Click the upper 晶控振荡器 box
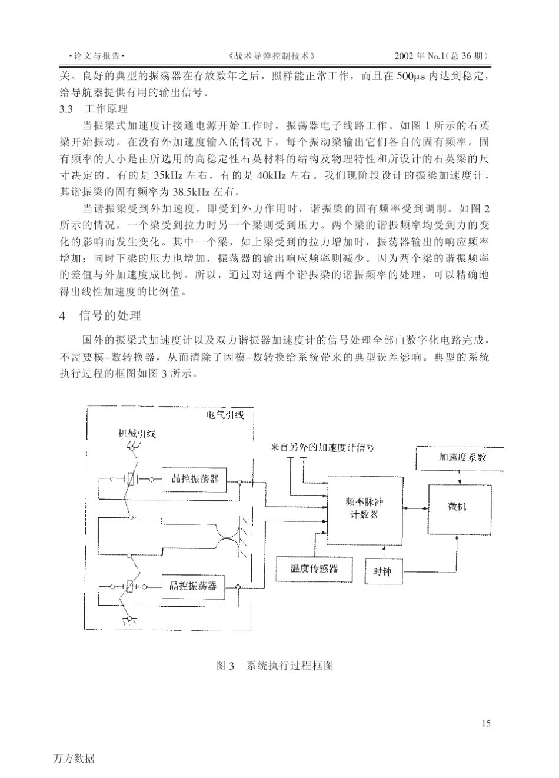[x=195, y=478]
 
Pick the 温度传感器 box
[x=314, y=568]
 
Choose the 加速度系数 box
[x=462, y=457]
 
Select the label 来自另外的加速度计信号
[x=322, y=447]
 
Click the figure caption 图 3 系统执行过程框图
[x=275, y=666]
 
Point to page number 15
[x=485, y=723]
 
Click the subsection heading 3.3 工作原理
[x=94, y=109]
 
